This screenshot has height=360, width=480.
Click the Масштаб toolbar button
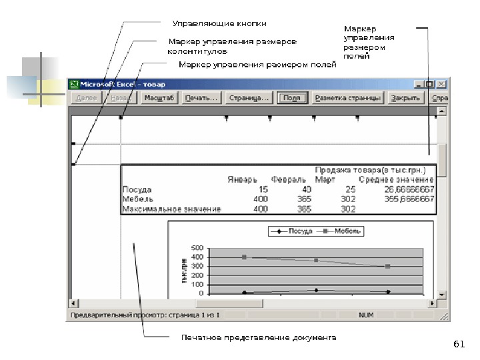[159, 98]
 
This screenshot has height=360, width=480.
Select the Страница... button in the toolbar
[248, 98]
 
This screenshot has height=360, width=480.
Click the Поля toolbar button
[291, 98]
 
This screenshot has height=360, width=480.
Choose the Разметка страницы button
[347, 98]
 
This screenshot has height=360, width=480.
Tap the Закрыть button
[405, 98]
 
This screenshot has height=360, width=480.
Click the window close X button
[441, 85]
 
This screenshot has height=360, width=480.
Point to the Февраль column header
[288, 180]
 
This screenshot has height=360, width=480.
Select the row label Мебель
[138, 199]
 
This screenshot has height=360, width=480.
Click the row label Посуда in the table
[137, 189]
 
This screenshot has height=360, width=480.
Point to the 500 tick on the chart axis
[198, 249]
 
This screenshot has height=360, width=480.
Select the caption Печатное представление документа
[259, 337]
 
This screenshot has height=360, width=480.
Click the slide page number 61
[458, 344]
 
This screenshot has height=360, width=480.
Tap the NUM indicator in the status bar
[366, 314]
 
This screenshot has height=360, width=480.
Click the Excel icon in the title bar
[75, 85]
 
